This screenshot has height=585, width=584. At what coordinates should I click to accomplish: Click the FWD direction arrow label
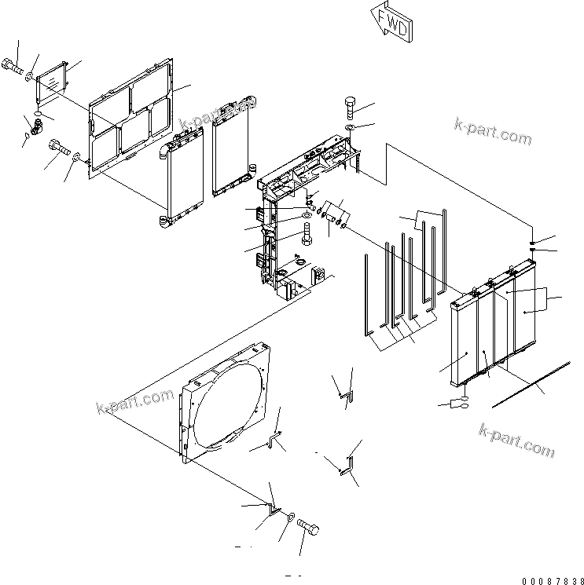point(391,24)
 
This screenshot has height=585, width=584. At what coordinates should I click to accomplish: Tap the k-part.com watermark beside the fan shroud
point(134,402)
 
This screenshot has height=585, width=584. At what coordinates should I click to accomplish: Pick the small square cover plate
point(53,81)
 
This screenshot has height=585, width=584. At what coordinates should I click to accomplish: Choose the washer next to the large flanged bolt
point(76,157)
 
